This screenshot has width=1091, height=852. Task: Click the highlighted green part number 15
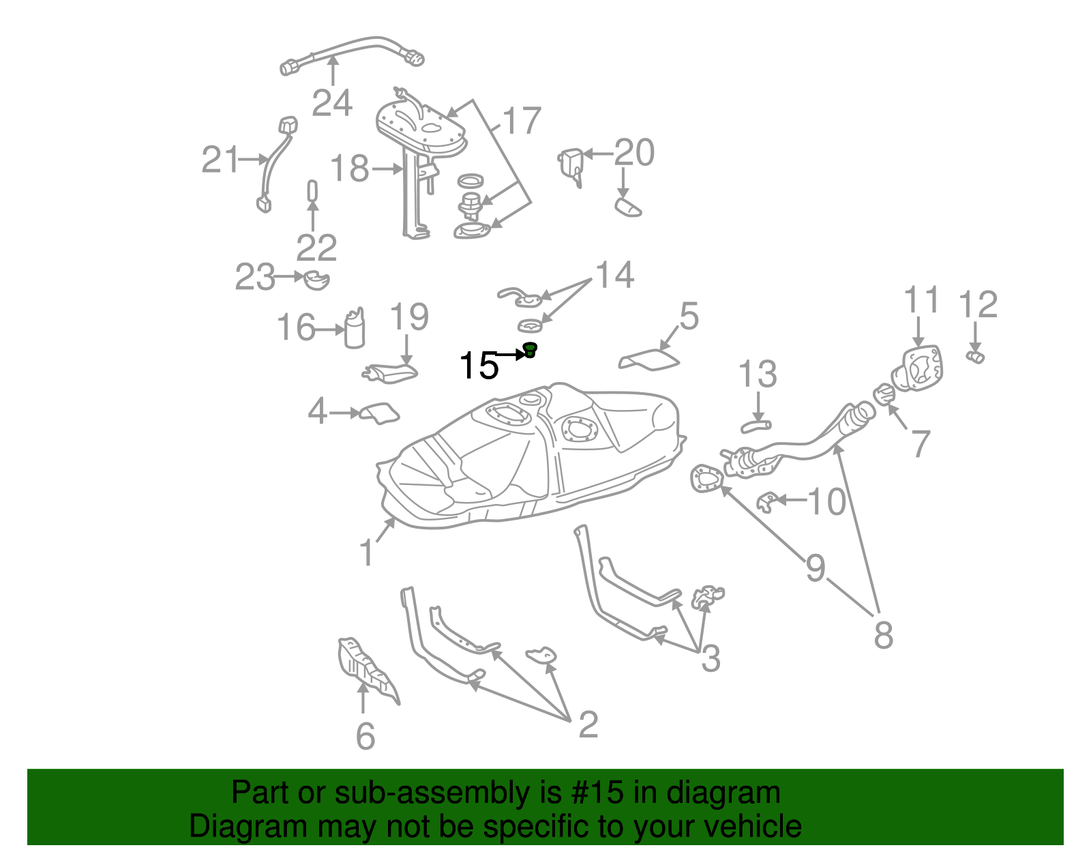[x=530, y=351]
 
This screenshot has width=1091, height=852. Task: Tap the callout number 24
[x=332, y=103]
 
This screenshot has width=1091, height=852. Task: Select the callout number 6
[x=365, y=736]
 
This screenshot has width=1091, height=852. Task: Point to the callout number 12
[x=978, y=304]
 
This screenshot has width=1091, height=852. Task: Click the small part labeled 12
[x=976, y=357]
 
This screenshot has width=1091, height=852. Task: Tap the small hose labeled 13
[x=756, y=427]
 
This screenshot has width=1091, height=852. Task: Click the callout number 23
[x=254, y=278]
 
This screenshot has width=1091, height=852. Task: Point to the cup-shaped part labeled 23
[x=316, y=280]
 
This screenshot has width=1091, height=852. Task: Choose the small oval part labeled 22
[x=312, y=190]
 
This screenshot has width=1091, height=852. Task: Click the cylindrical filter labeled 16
[x=355, y=329]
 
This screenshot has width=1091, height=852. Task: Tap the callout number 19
[x=409, y=317]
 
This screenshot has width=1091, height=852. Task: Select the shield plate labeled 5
[x=650, y=359]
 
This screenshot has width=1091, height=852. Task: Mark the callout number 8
[x=883, y=635]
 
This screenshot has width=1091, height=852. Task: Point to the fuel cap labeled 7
[x=884, y=394]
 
